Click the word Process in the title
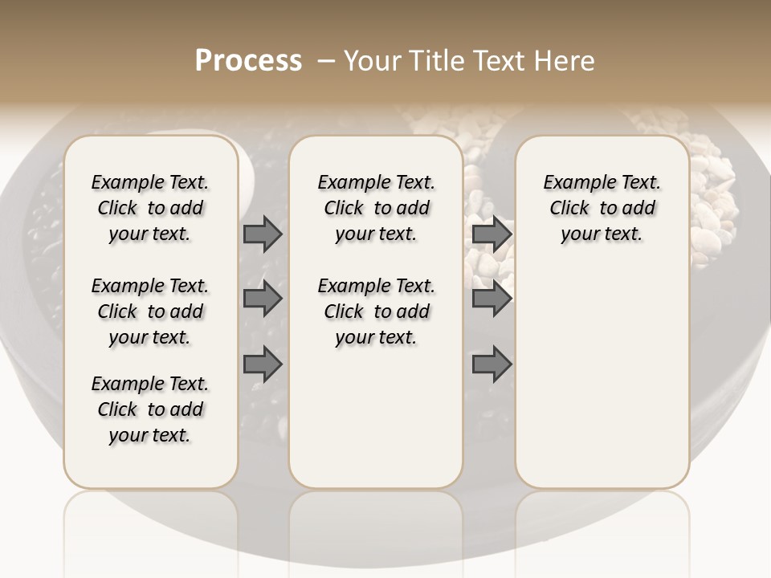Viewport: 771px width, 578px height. click(248, 61)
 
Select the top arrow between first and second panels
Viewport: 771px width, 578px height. click(263, 234)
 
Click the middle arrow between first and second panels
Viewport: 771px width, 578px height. click(263, 299)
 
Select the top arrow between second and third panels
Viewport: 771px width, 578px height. click(492, 234)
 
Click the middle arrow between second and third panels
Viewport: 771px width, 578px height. click(492, 299)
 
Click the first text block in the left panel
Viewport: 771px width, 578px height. click(150, 208)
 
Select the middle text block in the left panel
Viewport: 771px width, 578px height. click(150, 311)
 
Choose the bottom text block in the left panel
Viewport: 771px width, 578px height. click(150, 409)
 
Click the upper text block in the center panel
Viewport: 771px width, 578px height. click(376, 208)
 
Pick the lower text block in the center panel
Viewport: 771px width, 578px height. click(376, 311)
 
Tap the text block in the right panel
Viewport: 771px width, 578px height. click(602, 208)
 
